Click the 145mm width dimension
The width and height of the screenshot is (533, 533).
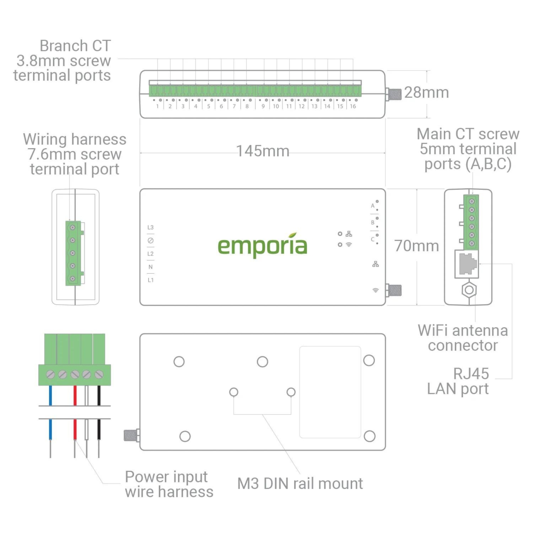[x=263, y=151]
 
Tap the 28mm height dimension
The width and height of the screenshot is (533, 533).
[x=426, y=93]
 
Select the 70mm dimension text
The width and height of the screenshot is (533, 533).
[x=416, y=246]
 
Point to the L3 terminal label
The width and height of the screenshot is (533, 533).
[x=150, y=227]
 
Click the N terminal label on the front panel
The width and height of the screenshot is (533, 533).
[x=150, y=267]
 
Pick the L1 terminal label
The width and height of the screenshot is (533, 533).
[x=150, y=280]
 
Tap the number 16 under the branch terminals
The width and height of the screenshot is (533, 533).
[x=353, y=106]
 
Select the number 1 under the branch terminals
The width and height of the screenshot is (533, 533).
[x=157, y=106]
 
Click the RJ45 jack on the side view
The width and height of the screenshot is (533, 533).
[x=467, y=264]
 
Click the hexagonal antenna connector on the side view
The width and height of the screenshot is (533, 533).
[x=469, y=290]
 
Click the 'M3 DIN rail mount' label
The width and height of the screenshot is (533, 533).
[x=300, y=484]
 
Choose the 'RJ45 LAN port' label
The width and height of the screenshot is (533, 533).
[x=458, y=381]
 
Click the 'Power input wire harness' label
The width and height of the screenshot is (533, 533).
[x=169, y=484]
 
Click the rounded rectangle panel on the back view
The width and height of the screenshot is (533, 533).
[x=330, y=392]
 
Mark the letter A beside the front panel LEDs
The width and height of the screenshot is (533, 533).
[x=372, y=205]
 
